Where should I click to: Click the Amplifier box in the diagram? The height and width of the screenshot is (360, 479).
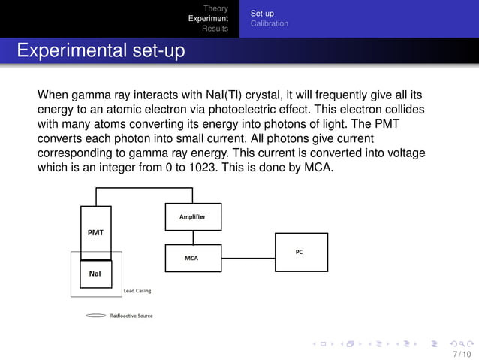click(x=191, y=216)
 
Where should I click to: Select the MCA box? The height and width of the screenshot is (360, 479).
click(x=191, y=258)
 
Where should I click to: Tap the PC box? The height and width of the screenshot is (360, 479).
click(x=300, y=252)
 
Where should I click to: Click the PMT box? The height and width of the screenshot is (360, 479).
click(x=96, y=233)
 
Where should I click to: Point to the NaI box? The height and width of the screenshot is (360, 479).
click(x=96, y=273)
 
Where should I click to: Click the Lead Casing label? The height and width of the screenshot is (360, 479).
click(x=137, y=291)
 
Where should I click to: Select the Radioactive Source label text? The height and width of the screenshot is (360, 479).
click(x=131, y=316)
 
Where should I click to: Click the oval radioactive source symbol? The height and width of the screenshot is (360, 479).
click(x=96, y=316)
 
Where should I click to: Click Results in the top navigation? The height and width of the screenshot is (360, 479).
click(x=215, y=29)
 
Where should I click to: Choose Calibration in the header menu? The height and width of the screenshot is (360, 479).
click(x=269, y=23)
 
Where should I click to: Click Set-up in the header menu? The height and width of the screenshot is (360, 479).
click(x=262, y=13)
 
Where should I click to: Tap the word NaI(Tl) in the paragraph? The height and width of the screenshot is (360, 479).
click(x=224, y=95)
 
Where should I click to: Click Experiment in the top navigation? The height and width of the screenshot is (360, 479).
click(x=208, y=18)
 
